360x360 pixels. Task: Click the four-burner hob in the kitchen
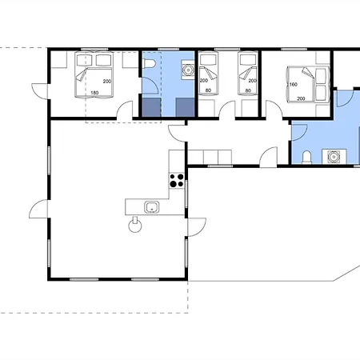click(x=177, y=180)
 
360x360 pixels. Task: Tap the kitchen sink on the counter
click(x=152, y=207)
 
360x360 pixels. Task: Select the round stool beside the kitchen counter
click(x=135, y=225)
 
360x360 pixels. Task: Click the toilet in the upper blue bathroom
click(x=150, y=63)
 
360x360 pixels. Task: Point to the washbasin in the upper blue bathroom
click(x=188, y=70)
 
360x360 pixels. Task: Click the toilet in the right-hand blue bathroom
click(x=307, y=158)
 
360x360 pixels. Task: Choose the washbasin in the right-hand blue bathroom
click(x=334, y=157)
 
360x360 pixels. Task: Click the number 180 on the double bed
click(x=94, y=93)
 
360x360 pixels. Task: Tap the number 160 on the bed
click(x=294, y=85)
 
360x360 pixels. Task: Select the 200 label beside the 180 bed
click(x=107, y=82)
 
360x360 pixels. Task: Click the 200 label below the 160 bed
click(x=301, y=98)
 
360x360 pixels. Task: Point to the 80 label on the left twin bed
click(x=208, y=90)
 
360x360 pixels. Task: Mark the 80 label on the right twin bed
click(x=248, y=90)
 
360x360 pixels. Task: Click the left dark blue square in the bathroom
click(x=151, y=107)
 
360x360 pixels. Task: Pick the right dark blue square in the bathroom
click(x=185, y=107)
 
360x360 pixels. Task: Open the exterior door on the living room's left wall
click(x=38, y=209)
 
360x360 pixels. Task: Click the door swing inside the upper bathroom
click(x=150, y=86)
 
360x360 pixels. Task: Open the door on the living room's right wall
click(x=197, y=227)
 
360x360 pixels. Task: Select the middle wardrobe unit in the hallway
click(x=210, y=157)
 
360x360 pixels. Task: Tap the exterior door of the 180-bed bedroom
click(x=40, y=91)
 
